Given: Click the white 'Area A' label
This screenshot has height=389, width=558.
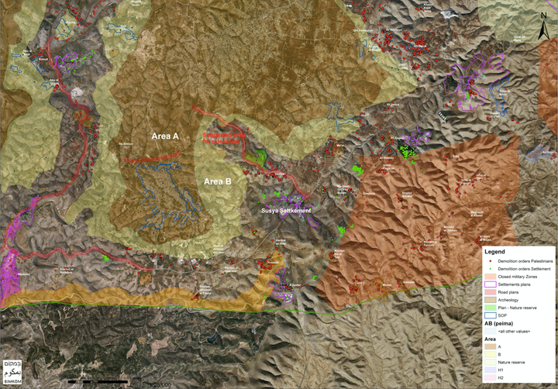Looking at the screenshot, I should (165, 136).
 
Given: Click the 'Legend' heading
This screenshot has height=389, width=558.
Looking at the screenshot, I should (495, 252).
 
